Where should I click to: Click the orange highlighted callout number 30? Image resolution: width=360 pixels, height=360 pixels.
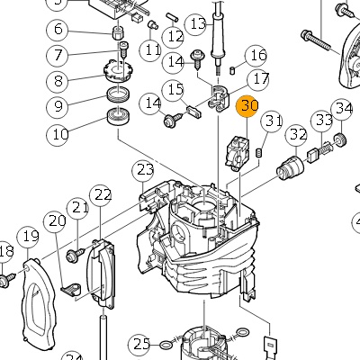pyautogui.click(x=247, y=106)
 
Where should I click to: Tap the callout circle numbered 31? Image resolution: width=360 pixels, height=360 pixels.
pyautogui.click(x=272, y=121)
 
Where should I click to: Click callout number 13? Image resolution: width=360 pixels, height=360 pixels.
pyautogui.click(x=196, y=23)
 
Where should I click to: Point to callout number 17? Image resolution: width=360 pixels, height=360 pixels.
pyautogui.click(x=258, y=80)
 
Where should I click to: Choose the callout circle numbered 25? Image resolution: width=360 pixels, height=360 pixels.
pyautogui.click(x=139, y=344)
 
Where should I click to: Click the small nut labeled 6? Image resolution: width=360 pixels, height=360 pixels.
pyautogui.click(x=118, y=32)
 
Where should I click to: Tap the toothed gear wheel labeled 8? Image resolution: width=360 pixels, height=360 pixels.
pyautogui.click(x=119, y=71)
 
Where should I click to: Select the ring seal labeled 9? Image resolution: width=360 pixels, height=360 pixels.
pyautogui.click(x=119, y=94)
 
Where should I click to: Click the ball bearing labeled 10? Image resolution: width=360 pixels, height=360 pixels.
pyautogui.click(x=119, y=117)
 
